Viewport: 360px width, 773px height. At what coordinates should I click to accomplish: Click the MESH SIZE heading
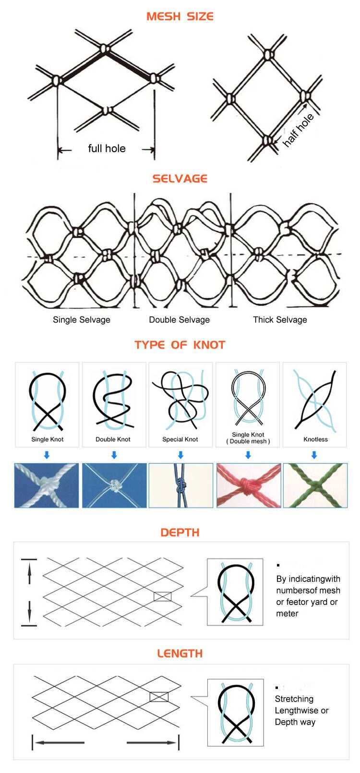pyautogui.click(x=180, y=16)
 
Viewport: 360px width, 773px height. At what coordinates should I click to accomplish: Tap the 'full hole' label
pyautogui.click(x=107, y=148)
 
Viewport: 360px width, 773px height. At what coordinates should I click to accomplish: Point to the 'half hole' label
pyautogui.click(x=298, y=130)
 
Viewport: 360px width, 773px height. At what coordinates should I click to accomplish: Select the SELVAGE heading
pyautogui.click(x=180, y=179)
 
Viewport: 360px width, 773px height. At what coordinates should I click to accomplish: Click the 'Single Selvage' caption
pyautogui.click(x=82, y=320)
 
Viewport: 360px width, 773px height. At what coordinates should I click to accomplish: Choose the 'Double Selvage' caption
pyautogui.click(x=179, y=320)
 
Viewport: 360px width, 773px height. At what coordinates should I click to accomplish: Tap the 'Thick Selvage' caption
pyautogui.click(x=280, y=320)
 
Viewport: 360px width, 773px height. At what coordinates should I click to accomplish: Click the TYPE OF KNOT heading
pyautogui.click(x=180, y=345)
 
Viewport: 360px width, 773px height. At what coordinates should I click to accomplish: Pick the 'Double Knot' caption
pyautogui.click(x=113, y=439)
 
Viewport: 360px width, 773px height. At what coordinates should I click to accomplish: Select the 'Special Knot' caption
pyautogui.click(x=180, y=439)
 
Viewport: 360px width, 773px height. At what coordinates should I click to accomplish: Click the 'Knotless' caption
pyautogui.click(x=315, y=439)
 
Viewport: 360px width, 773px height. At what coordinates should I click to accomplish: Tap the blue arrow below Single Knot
pyautogui.click(x=47, y=455)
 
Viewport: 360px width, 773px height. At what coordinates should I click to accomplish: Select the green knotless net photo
pyautogui.click(x=315, y=485)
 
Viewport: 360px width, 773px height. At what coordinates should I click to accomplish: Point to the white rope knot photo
pyautogui.click(x=47, y=485)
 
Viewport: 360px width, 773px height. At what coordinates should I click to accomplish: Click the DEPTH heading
pyautogui.click(x=180, y=532)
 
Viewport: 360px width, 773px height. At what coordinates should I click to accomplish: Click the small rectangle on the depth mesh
pyautogui.click(x=162, y=596)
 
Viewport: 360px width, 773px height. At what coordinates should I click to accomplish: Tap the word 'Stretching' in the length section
pyautogui.click(x=294, y=699)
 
